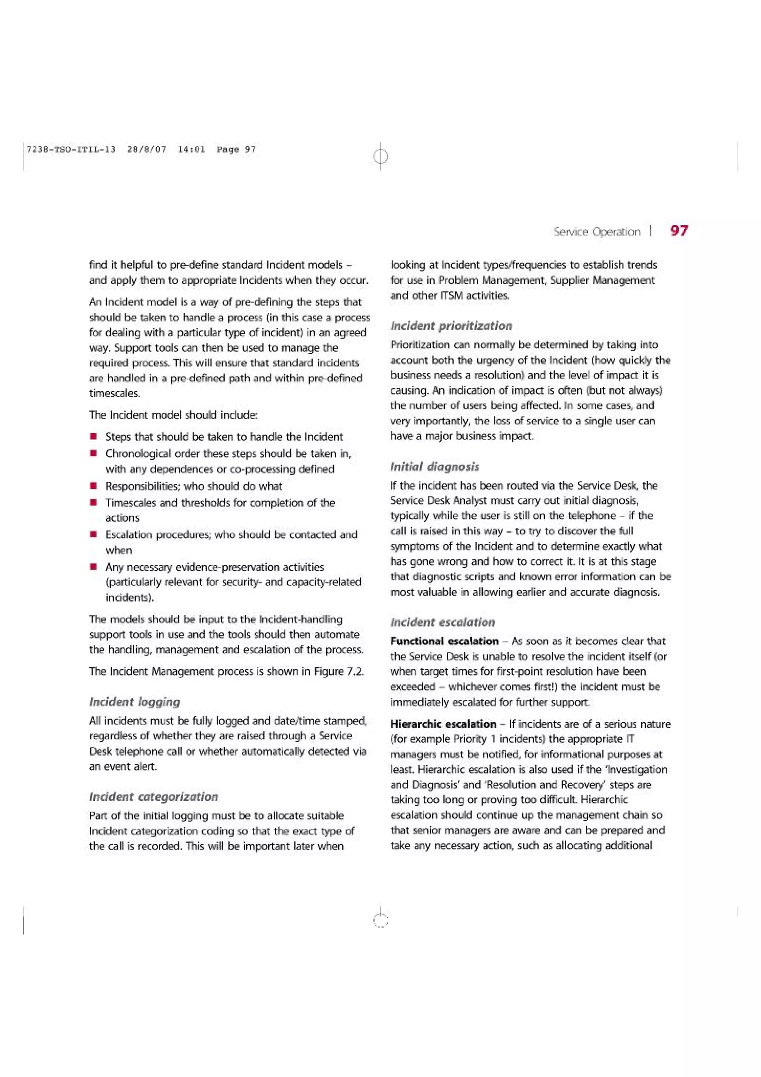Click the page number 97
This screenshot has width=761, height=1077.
[679, 231]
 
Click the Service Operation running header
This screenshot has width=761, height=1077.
[596, 232]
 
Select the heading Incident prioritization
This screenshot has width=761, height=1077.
[451, 326]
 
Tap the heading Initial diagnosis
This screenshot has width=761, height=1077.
[435, 466]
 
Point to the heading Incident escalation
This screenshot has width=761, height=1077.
[443, 622]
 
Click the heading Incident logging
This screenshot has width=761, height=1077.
[135, 702]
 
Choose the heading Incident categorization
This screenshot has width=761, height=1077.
[153, 796]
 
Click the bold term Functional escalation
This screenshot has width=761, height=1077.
[444, 641]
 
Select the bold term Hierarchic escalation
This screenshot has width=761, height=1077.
[443, 724]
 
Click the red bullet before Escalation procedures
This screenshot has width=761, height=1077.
[94, 534]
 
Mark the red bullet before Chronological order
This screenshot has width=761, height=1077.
[94, 454]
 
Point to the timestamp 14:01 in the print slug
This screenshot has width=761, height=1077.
[191, 149]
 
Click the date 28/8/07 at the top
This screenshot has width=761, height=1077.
[147, 149]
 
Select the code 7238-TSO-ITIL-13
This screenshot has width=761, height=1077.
[71, 149]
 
